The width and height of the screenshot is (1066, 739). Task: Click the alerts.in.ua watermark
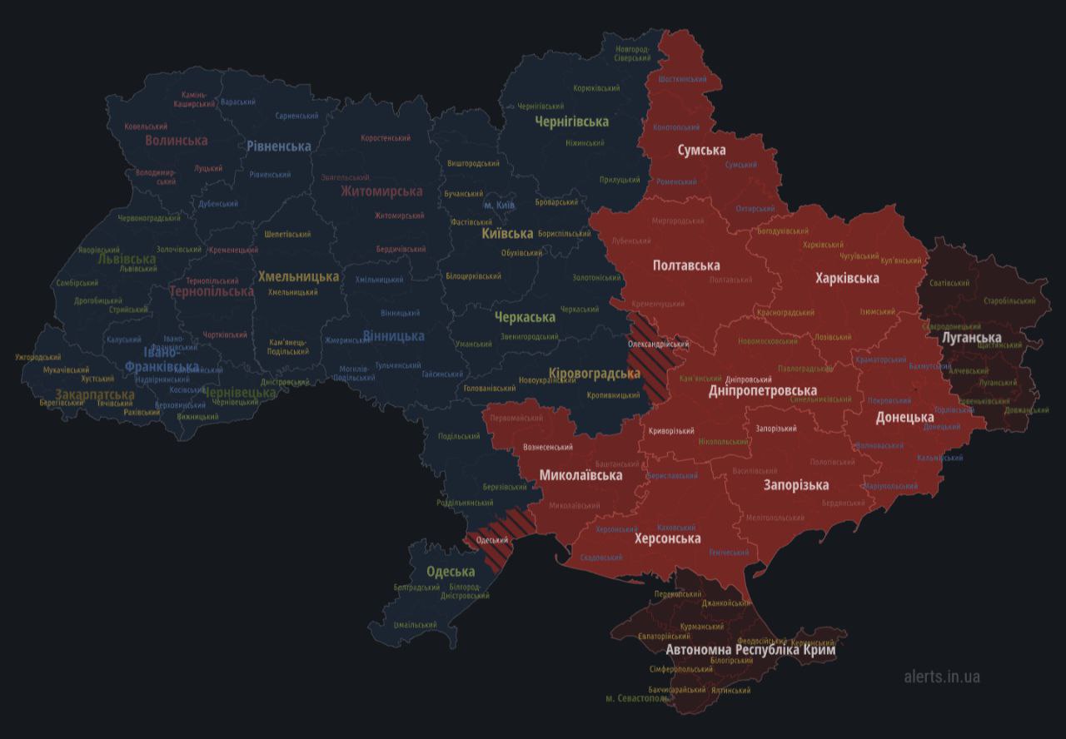click(942, 677)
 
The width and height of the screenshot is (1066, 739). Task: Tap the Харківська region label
click(847, 278)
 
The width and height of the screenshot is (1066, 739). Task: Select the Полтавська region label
click(686, 265)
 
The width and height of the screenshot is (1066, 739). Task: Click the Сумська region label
click(701, 151)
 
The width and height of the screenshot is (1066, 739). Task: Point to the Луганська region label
click(970, 338)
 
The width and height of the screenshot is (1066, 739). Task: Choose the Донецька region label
click(904, 418)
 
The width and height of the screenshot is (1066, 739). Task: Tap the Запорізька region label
click(796, 485)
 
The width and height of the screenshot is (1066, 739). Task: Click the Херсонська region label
click(667, 538)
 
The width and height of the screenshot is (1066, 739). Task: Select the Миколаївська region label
click(580, 476)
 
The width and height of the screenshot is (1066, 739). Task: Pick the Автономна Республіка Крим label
click(750, 650)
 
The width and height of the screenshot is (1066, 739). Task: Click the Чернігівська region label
click(571, 122)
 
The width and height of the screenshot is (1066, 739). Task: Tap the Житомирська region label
click(381, 191)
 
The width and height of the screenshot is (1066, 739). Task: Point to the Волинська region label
click(176, 140)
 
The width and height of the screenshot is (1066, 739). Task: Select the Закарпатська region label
click(94, 394)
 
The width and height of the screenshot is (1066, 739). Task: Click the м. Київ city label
click(499, 206)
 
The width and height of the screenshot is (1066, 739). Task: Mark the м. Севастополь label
click(637, 698)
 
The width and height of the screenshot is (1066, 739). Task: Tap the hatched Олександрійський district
click(647, 366)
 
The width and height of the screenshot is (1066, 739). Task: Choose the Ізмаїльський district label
click(415, 625)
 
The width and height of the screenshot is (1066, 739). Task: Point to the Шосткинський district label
click(682, 79)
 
